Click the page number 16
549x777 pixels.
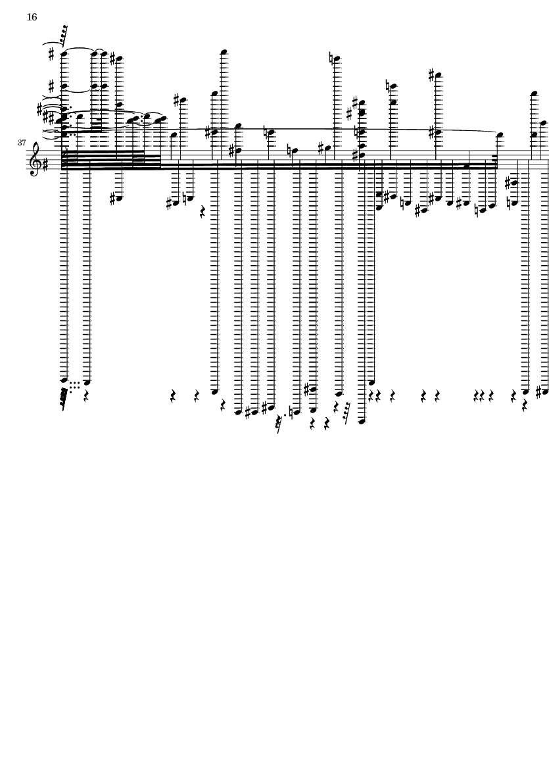32,17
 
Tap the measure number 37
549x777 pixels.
21,143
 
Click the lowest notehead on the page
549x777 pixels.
362,421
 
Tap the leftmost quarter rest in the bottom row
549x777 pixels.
87,397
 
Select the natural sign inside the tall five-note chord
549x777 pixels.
357,132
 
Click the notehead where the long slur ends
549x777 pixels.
500,135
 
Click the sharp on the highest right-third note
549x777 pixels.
431,75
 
